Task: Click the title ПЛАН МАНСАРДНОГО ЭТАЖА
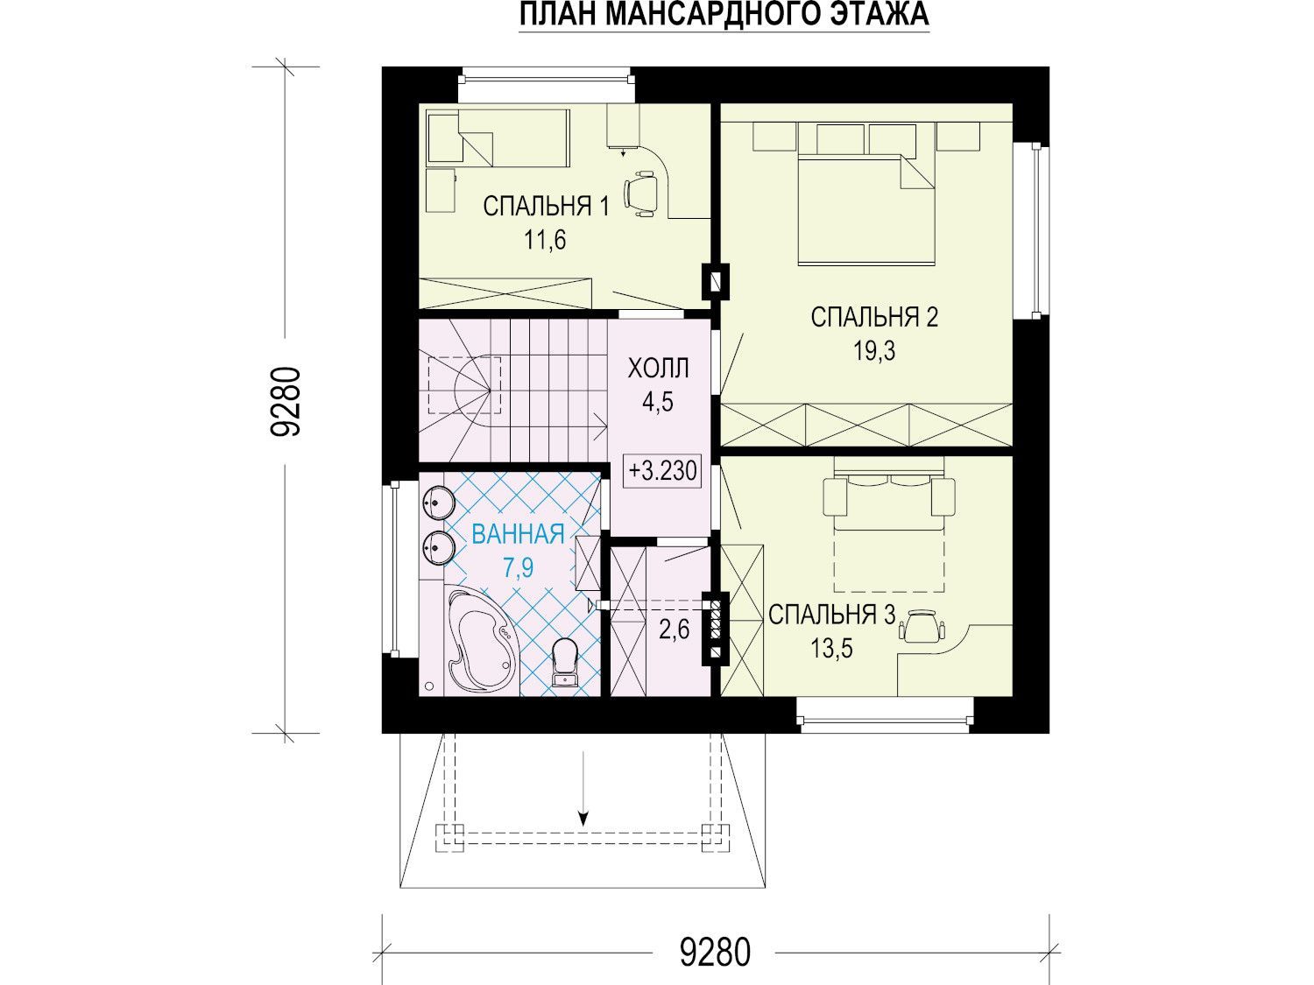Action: (724, 14)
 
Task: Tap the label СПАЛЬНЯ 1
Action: (546, 207)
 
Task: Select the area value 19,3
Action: (874, 351)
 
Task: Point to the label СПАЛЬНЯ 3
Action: (831, 615)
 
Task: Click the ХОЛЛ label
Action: (658, 369)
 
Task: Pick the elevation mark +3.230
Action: (662, 471)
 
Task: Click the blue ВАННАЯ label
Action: (519, 533)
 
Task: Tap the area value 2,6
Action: (674, 630)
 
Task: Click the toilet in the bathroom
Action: (563, 662)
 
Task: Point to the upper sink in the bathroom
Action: (434, 501)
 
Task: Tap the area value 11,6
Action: (545, 241)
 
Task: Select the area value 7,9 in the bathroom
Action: (519, 568)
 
